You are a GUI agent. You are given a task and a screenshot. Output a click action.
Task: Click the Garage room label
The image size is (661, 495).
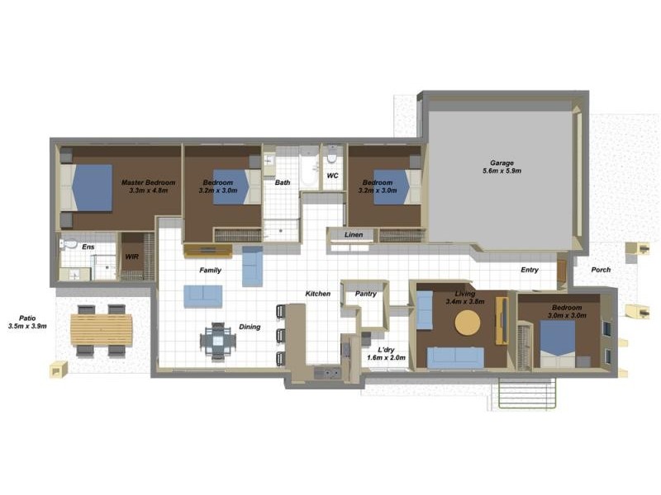click(x=502, y=163)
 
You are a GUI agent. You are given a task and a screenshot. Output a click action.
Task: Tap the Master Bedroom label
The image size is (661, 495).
click(x=149, y=182)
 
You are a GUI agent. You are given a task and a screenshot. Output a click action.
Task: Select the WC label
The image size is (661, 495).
click(x=333, y=176)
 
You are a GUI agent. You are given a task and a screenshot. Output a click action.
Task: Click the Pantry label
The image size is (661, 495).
click(x=365, y=294)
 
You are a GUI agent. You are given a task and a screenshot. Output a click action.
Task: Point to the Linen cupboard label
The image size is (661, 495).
click(x=354, y=235)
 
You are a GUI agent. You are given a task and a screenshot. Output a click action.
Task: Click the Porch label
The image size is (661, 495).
click(x=601, y=270)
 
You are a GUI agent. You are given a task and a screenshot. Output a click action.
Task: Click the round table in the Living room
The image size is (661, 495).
click(x=468, y=323)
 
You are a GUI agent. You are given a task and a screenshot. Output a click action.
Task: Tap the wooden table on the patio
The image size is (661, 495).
click(x=101, y=331)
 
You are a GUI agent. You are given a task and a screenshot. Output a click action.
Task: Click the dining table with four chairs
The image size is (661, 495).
click(x=218, y=342)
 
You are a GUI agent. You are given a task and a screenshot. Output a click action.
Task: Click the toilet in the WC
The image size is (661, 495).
click(x=332, y=154)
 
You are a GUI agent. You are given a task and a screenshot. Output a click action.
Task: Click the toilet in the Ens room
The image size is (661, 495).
click(x=69, y=243)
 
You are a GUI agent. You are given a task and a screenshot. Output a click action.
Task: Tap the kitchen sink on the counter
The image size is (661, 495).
click(x=327, y=373)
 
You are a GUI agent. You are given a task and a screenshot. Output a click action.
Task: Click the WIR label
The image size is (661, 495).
click(x=132, y=257)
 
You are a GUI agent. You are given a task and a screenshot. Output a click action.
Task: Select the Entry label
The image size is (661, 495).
click(x=530, y=270)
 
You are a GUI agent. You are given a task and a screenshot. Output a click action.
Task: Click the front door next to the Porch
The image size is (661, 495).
click(x=562, y=274)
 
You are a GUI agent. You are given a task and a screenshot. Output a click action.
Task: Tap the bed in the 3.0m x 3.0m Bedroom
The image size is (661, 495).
click(x=558, y=343)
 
